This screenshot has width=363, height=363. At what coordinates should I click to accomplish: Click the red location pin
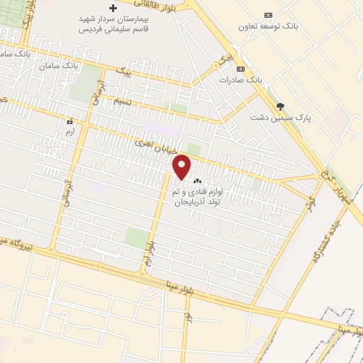182,166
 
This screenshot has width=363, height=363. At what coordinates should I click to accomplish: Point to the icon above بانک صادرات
240,69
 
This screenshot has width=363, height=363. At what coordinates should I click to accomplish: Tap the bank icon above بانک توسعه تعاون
268,15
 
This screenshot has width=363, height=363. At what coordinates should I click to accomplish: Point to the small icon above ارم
69,122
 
